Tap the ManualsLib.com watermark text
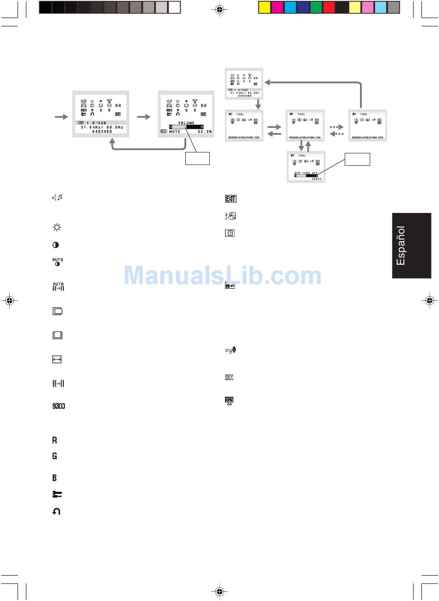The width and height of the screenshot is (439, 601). [x=223, y=276]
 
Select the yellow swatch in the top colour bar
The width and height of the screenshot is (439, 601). [x=264, y=7]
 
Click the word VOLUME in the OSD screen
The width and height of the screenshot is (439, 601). [x=186, y=123]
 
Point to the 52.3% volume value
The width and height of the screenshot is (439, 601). [x=205, y=132]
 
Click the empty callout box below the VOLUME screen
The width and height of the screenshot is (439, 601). [x=197, y=158]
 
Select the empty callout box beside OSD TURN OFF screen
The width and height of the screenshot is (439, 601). [x=357, y=158]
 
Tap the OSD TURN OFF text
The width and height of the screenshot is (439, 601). [x=306, y=173]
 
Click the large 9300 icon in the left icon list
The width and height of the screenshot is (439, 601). [x=58, y=407]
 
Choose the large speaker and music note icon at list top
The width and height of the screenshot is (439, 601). [x=57, y=198]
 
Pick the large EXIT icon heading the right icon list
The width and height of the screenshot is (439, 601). [x=230, y=199]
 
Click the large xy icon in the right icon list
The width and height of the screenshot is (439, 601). [x=230, y=350]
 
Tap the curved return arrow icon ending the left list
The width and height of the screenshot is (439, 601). [x=56, y=511]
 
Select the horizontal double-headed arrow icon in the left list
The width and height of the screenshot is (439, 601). [x=57, y=359]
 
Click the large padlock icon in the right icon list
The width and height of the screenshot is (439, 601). [x=230, y=286]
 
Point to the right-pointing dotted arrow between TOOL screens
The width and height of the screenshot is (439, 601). [x=337, y=126]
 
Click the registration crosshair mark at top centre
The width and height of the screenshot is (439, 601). [x=219, y=9]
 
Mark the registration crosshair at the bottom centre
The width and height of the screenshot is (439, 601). [x=219, y=591]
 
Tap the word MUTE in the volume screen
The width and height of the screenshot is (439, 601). [x=174, y=132]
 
